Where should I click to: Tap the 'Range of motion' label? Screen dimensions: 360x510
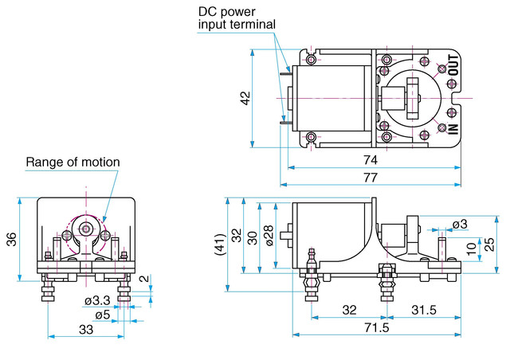pyautogui.click(x=73, y=162)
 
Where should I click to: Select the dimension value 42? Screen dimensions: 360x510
pyautogui.click(x=245, y=97)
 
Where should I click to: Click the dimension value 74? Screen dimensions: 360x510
pyautogui.click(x=370, y=159)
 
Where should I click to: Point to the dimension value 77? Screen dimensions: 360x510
pyautogui.click(x=370, y=178)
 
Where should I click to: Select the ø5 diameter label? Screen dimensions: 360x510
pyautogui.click(x=101, y=314)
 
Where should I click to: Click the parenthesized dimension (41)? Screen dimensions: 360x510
pyautogui.click(x=220, y=244)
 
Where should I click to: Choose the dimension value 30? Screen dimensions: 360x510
pyautogui.click(x=252, y=237)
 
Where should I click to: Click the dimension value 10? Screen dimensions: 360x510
pyautogui.click(x=471, y=250)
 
